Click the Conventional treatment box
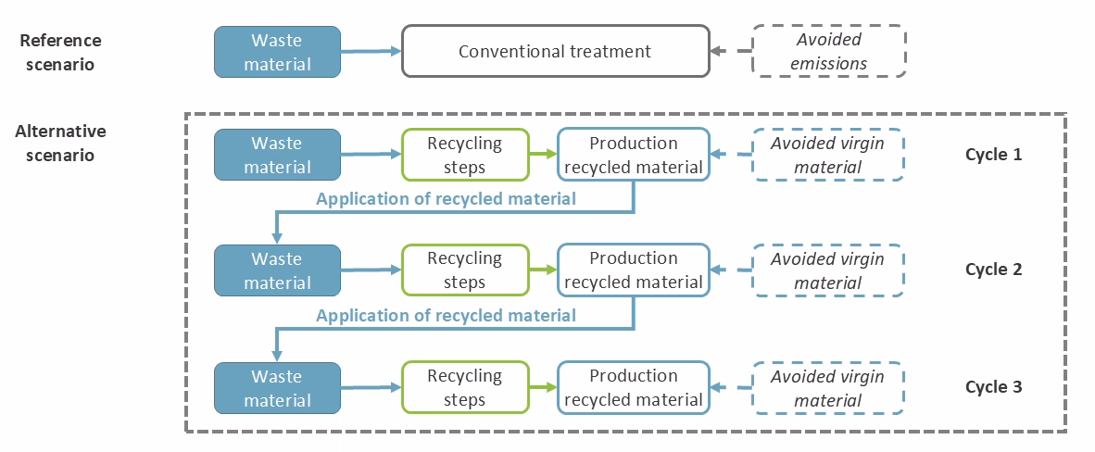(555, 51)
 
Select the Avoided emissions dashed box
(828, 51)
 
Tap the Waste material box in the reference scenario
(278, 51)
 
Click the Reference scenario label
(60, 52)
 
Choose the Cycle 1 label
(993, 155)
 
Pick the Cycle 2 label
(993, 270)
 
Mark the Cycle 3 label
(993, 387)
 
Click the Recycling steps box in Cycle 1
(464, 155)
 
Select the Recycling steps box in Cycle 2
(464, 270)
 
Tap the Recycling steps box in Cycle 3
(464, 387)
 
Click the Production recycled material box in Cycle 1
(634, 155)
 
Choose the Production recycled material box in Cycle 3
(634, 387)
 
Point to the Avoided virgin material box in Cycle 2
(827, 270)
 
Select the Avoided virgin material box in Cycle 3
(827, 387)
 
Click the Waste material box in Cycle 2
(278, 270)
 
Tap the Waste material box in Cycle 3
(278, 387)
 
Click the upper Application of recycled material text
(446, 198)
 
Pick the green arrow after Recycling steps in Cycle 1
(542, 155)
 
